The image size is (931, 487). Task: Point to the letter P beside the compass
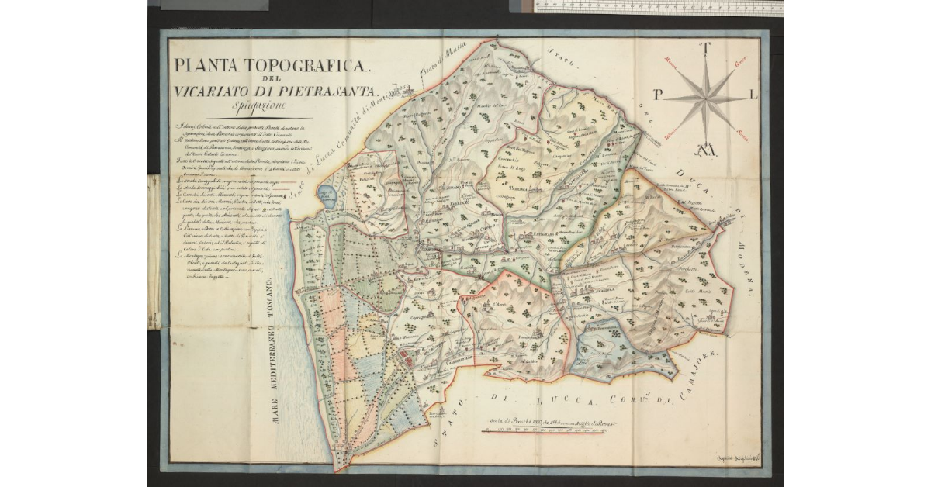[x=658, y=95]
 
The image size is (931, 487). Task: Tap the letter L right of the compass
[x=754, y=95]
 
